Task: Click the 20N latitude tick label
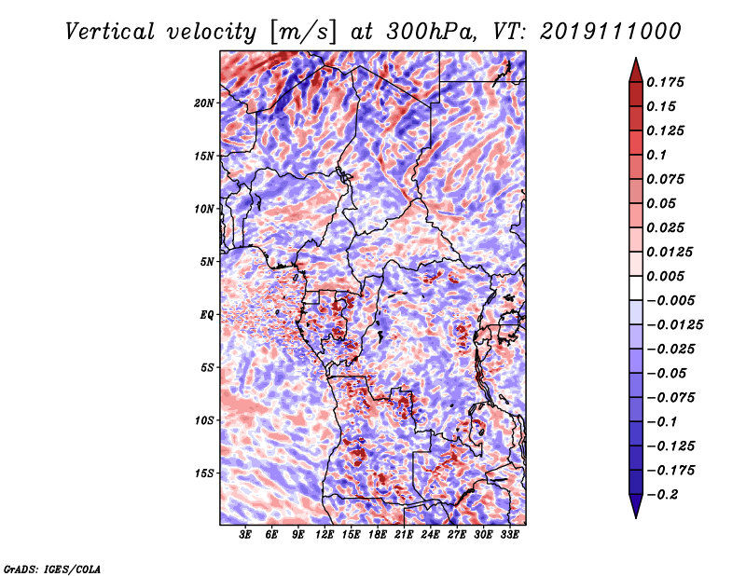204,103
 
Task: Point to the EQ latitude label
207,315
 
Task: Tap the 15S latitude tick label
204,473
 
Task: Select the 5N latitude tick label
207,262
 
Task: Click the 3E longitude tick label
245,535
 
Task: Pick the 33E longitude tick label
509,535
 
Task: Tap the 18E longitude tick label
378,535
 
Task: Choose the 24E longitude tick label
430,535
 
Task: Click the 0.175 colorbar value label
665,82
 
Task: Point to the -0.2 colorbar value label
662,495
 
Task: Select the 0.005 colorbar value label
665,276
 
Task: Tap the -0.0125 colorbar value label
674,325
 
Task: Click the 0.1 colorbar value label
656,155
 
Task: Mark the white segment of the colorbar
636,288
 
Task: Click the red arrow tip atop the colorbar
636,59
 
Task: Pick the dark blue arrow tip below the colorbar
636,516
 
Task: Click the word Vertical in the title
110,32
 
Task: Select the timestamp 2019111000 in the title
611,32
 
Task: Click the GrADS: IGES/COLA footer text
52,569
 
